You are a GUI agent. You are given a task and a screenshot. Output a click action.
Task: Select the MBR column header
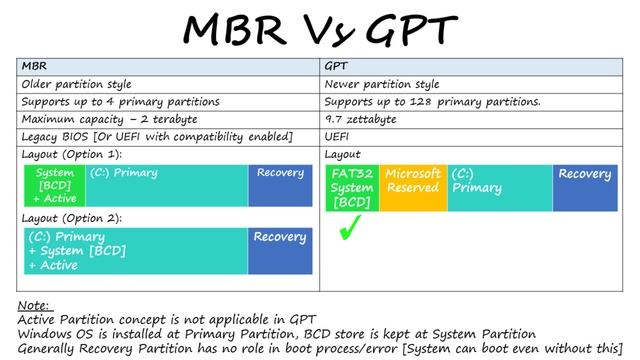(x=34, y=68)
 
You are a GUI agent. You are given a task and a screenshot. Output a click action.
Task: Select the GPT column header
(x=337, y=68)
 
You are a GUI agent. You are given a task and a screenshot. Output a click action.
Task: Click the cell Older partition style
(x=77, y=85)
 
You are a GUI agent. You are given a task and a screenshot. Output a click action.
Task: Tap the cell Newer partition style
(x=381, y=85)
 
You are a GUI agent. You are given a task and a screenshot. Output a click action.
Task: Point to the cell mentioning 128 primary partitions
(x=433, y=102)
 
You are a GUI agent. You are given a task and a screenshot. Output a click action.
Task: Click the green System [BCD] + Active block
(x=55, y=186)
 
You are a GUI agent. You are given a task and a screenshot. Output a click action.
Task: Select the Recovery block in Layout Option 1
(x=280, y=186)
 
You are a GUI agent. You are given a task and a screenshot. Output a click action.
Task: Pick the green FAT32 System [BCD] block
(x=352, y=188)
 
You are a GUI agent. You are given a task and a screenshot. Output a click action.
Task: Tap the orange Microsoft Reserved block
(x=412, y=188)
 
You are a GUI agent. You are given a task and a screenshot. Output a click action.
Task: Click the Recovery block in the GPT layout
(x=585, y=188)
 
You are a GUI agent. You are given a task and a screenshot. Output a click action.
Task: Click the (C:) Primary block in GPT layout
(x=499, y=188)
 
